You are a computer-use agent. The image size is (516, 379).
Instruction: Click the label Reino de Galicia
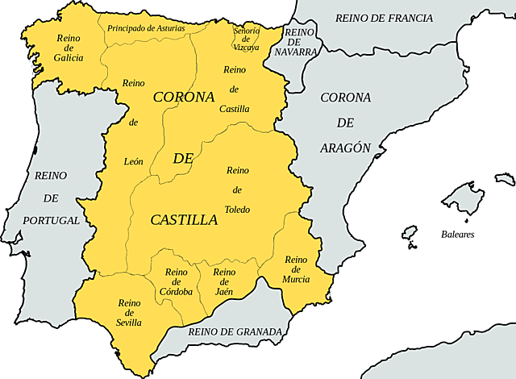[69, 48]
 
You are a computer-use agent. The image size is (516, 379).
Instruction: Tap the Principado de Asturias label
[146, 28]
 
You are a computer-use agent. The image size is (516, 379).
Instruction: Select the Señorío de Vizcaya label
[247, 40]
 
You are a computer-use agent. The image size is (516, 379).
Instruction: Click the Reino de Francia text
[384, 18]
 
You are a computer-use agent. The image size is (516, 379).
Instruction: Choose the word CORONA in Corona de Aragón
[346, 98]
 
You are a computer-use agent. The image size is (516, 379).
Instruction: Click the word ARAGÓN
[346, 148]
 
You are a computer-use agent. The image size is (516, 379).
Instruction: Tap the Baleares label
[457, 235]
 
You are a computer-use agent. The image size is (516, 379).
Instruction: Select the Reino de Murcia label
[296, 269]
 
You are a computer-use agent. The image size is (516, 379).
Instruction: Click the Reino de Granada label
[235, 331]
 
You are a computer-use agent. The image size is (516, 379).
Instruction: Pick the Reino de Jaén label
[225, 281]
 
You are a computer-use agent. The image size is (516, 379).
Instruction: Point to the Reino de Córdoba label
[176, 281]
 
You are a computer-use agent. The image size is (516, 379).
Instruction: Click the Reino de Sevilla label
[129, 313]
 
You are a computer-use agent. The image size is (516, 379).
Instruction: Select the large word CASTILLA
[184, 219]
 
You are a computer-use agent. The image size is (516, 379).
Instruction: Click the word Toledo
[237, 210]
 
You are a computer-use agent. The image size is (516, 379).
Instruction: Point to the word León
[134, 161]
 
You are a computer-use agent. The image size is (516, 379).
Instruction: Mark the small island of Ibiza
[410, 235]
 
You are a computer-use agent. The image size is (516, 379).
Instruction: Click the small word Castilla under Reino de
[235, 109]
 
